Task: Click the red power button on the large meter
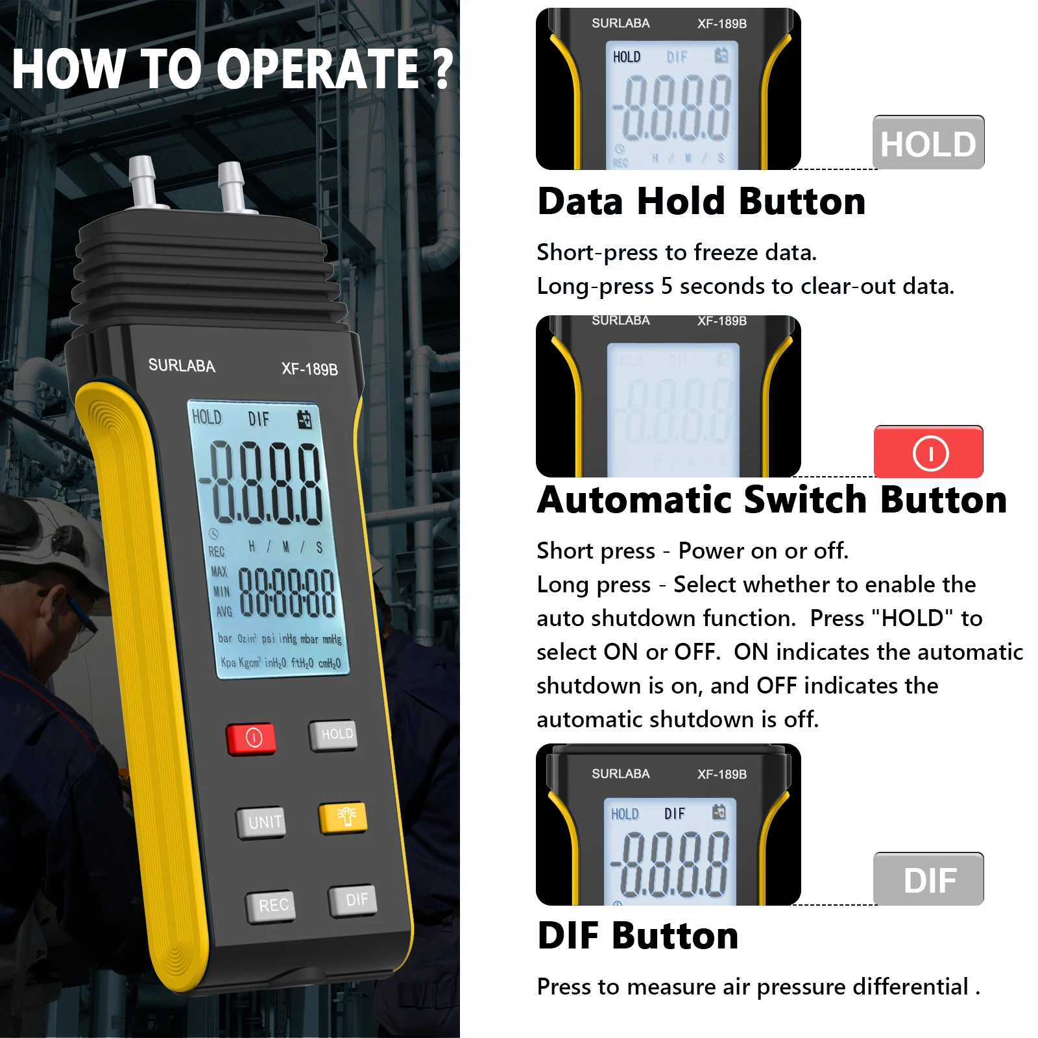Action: (x=252, y=738)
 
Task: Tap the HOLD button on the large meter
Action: (x=333, y=735)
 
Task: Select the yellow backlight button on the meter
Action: (x=343, y=817)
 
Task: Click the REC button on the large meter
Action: (x=271, y=906)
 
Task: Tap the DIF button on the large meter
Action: (x=353, y=900)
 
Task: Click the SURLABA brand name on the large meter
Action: (x=182, y=365)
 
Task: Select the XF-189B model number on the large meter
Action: (x=309, y=369)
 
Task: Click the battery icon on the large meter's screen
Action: (x=304, y=420)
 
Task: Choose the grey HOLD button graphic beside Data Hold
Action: (x=928, y=143)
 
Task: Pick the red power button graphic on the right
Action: (x=928, y=452)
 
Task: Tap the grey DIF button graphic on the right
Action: (x=928, y=879)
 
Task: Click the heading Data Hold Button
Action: (x=701, y=201)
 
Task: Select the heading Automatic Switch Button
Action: (x=772, y=500)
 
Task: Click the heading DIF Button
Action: (x=638, y=935)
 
